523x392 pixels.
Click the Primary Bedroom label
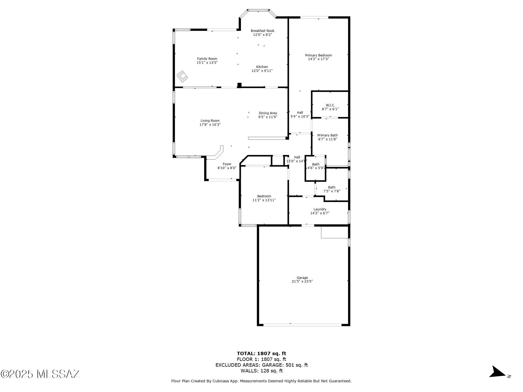click(318, 55)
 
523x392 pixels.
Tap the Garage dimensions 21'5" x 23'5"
click(302, 281)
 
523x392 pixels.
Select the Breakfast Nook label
click(262, 31)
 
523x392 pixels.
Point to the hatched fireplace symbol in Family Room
click(182, 76)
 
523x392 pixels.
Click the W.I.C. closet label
click(330, 105)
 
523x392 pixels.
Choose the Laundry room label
click(320, 209)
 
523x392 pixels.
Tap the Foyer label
click(227, 164)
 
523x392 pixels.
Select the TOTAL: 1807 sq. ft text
click(261, 354)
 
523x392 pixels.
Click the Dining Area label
click(268, 113)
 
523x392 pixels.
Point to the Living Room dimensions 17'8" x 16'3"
click(210, 125)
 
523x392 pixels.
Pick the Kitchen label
click(262, 67)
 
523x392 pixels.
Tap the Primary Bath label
click(327, 135)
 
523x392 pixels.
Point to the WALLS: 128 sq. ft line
click(261, 371)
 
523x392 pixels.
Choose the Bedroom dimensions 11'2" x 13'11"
click(264, 200)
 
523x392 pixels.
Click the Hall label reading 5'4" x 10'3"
click(300, 113)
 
